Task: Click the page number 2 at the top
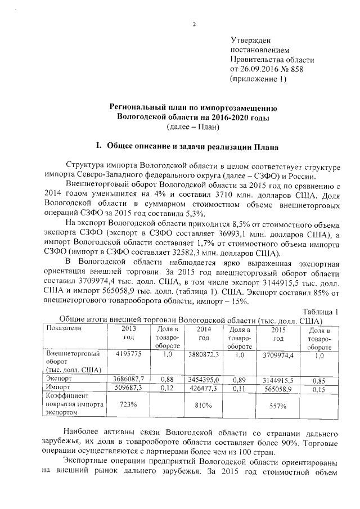[x=193, y=24]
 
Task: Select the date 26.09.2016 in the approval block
[x=259, y=69]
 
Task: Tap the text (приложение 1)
[x=259, y=79]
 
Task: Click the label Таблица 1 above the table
[x=321, y=312]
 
